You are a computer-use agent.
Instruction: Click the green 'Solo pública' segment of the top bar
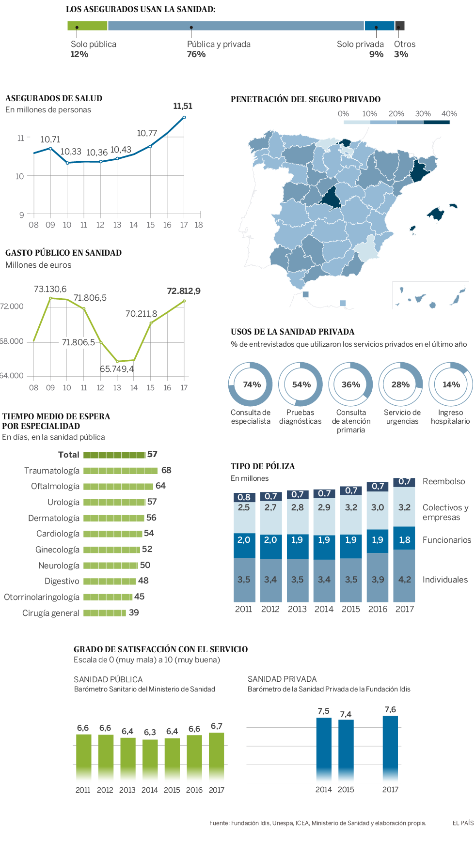(87, 26)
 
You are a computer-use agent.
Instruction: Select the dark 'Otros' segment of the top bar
(400, 26)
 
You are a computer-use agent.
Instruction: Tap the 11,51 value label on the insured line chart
(183, 106)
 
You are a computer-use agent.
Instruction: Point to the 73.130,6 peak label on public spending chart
(50, 289)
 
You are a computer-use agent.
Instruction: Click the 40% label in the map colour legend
(449, 114)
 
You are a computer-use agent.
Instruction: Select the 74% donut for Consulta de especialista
(251, 384)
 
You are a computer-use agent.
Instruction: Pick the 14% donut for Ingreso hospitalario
(451, 384)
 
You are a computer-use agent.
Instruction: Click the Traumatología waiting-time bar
(120, 471)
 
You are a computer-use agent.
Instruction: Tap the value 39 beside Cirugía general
(134, 613)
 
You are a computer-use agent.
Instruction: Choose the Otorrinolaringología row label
(42, 597)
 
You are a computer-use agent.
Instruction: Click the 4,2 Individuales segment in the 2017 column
(405, 580)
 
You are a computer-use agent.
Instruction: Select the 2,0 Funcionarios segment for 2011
(244, 540)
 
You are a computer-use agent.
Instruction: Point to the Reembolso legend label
(443, 481)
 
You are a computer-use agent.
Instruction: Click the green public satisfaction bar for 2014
(150, 755)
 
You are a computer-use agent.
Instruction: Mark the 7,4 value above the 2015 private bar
(346, 714)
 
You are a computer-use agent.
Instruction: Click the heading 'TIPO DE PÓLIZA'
(263, 466)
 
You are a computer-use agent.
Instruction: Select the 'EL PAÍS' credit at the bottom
(463, 823)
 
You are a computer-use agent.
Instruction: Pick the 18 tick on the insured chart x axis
(199, 225)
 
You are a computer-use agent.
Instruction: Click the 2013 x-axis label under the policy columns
(297, 609)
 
